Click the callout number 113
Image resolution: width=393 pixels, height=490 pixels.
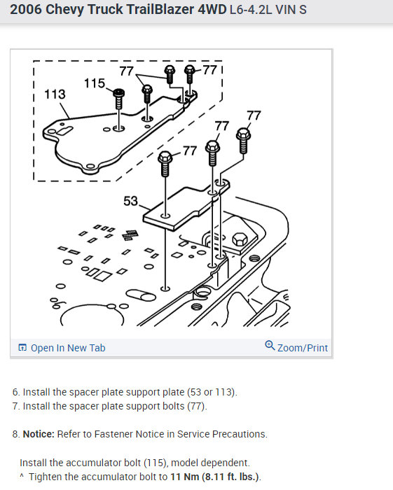(55, 94)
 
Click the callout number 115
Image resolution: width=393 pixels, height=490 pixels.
(95, 83)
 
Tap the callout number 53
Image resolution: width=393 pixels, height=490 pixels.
(131, 201)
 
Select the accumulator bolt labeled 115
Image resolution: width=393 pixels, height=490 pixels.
(119, 99)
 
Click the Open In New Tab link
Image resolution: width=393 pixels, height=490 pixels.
(68, 348)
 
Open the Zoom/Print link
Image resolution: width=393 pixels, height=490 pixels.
(303, 348)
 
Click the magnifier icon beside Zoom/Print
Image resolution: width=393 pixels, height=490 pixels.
(270, 346)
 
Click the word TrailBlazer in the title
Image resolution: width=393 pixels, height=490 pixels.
(141, 9)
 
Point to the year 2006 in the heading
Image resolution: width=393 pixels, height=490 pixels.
(26, 9)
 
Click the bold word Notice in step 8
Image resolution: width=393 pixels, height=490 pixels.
(39, 434)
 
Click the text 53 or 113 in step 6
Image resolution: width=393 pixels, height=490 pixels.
(211, 392)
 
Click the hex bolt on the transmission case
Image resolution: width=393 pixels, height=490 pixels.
(240, 239)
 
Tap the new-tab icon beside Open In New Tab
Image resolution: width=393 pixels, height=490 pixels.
(22, 347)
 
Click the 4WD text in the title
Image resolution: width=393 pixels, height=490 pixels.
(212, 9)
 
